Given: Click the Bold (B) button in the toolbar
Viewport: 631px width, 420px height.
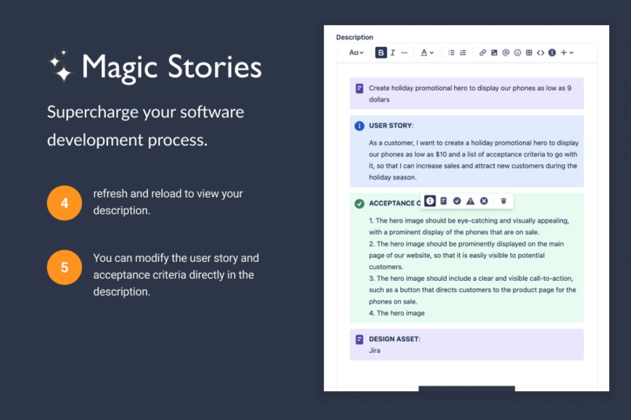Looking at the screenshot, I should click(x=380, y=52).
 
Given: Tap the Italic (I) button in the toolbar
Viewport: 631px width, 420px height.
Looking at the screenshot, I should click(x=392, y=52).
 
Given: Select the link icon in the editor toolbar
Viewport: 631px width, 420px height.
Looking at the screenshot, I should click(x=483, y=52).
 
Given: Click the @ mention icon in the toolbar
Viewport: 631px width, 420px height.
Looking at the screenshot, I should click(x=506, y=52).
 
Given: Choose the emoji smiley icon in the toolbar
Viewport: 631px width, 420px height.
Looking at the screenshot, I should click(x=517, y=52).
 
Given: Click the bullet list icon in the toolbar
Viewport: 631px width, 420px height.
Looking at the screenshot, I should click(x=451, y=52).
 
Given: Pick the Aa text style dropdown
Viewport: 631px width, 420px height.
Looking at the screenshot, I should click(x=355, y=52).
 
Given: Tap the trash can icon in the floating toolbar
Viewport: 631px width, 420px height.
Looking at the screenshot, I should click(x=503, y=201).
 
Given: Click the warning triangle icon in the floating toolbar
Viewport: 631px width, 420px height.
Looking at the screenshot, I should click(x=471, y=201).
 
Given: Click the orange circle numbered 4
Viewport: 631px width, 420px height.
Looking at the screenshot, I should click(x=64, y=203).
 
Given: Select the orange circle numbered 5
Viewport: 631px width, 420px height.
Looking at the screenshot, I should click(x=64, y=267).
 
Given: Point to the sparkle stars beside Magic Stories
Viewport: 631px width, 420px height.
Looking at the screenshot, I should click(x=60, y=67).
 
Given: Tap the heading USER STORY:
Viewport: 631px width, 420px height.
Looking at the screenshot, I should click(x=391, y=125).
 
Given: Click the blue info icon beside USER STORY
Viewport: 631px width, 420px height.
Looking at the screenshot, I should click(x=359, y=125).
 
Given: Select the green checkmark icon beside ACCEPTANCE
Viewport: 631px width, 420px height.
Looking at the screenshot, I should click(x=359, y=203).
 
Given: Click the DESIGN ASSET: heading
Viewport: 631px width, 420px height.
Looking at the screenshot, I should click(x=394, y=339).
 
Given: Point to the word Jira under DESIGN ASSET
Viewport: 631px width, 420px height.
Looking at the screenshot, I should click(x=374, y=350).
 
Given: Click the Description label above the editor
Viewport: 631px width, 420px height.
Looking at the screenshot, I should click(x=355, y=37).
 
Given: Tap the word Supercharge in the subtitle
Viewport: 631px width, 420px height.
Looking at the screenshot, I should click(x=92, y=112).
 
